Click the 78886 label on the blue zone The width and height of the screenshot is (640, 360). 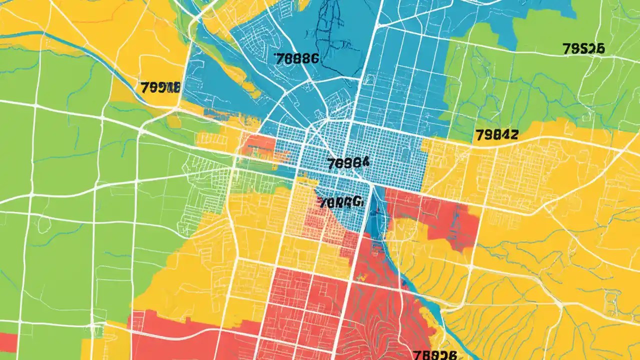[296, 58]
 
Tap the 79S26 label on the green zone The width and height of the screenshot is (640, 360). [583, 48]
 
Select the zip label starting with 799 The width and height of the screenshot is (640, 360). [159, 88]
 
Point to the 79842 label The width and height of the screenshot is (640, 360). [496, 134]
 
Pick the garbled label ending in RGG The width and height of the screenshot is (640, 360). [341, 202]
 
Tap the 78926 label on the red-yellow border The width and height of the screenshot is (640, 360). [435, 354]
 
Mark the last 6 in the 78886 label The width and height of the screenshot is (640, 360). [313, 58]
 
